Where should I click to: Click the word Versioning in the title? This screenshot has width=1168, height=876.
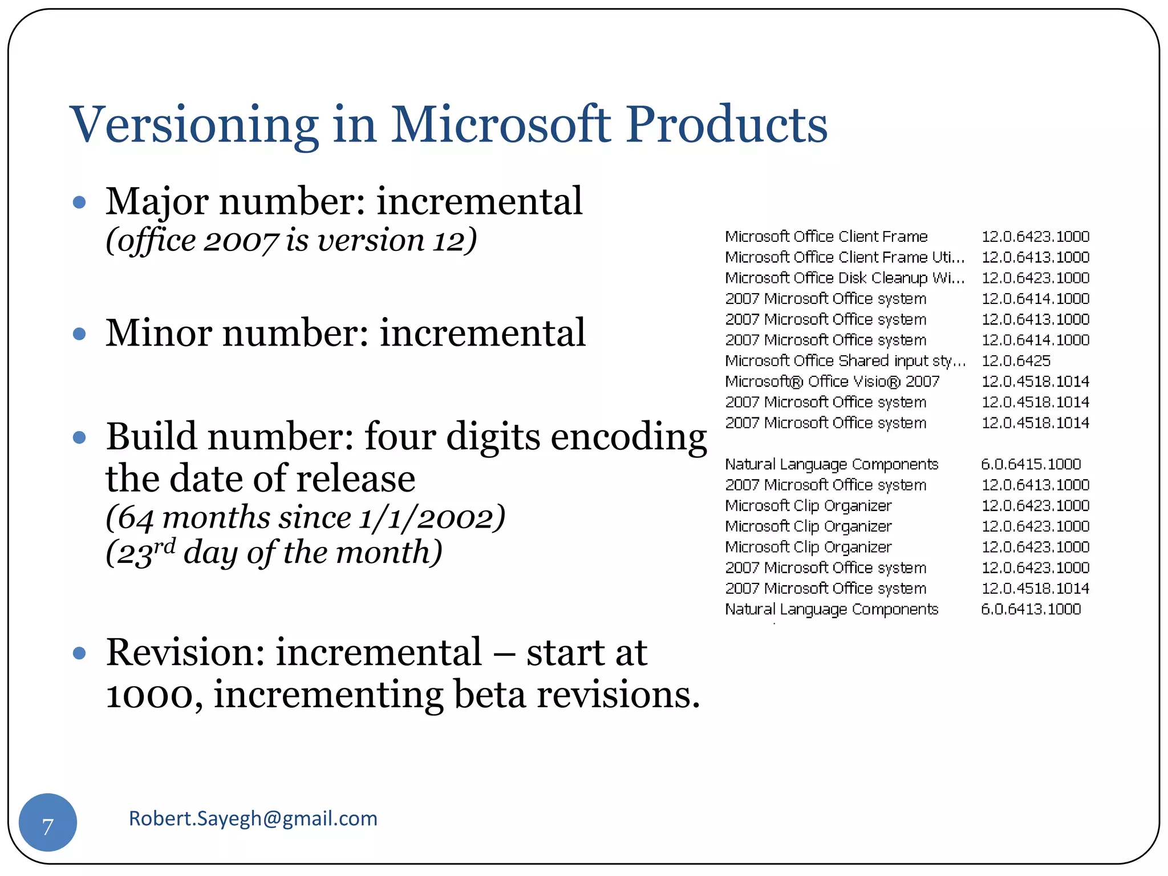coord(194,125)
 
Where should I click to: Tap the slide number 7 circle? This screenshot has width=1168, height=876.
coord(48,822)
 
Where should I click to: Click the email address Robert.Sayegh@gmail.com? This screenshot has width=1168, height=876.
coord(253,818)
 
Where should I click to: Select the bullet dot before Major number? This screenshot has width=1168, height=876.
coord(80,202)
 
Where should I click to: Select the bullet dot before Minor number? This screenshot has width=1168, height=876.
coord(80,334)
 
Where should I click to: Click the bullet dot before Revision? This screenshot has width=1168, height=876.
coord(80,653)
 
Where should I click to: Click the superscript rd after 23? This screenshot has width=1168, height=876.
coord(164,546)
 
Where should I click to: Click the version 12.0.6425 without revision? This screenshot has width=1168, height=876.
coord(1015,361)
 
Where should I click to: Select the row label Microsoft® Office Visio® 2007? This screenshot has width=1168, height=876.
coord(832,382)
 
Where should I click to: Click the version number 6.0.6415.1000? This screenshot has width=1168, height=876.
coord(1030,464)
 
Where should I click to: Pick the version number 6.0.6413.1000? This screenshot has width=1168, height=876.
coord(1030,609)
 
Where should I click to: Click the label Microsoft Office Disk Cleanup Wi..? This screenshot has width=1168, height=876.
coord(844,278)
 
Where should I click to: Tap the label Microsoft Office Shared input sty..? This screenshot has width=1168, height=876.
coord(844,361)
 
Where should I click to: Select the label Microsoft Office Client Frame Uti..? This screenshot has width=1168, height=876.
coord(844,257)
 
